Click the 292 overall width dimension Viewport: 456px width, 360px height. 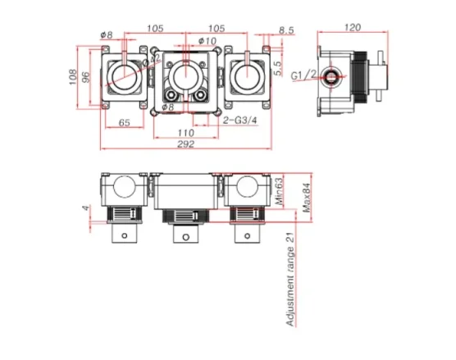tap(185, 144)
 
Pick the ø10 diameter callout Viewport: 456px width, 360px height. tap(207, 40)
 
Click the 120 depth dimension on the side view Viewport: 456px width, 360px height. tap(353, 28)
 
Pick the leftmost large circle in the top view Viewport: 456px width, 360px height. tap(122, 78)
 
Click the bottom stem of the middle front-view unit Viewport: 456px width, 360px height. tap(185, 243)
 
